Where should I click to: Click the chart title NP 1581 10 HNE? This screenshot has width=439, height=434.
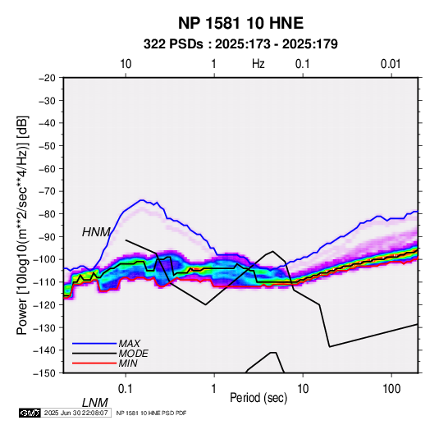coord(240,23)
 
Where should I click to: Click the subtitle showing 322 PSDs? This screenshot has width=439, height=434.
coord(240,44)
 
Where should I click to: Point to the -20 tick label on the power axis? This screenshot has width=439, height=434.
coord(47,78)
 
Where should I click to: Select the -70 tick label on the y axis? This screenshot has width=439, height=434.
coord(47,191)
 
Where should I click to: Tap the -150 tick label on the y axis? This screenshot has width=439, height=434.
coord(45,373)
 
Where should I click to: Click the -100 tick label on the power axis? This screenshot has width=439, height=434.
coord(45,259)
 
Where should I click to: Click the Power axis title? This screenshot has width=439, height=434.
coord(22,225)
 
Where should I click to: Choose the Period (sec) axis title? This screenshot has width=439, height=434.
coord(258,398)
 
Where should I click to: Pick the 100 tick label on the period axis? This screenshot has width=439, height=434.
coord(391,389)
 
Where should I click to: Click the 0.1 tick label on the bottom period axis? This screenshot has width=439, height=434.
coord(126,389)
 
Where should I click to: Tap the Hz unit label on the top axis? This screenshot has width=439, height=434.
coord(258,64)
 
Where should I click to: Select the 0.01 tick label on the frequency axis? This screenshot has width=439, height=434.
coord(391,64)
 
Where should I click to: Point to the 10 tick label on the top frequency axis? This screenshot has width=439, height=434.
coord(126,64)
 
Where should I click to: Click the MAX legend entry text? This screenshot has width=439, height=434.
coord(129,344)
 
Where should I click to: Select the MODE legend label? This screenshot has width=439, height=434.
coord(133,354)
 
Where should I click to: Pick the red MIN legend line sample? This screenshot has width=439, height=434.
coord(94,363)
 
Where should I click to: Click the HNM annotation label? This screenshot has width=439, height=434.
coord(96,232)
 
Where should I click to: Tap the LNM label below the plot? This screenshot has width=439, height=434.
coord(95,403)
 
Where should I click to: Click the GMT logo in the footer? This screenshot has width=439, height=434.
coord(30,413)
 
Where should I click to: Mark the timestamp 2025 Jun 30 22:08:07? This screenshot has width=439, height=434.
coord(76,413)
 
